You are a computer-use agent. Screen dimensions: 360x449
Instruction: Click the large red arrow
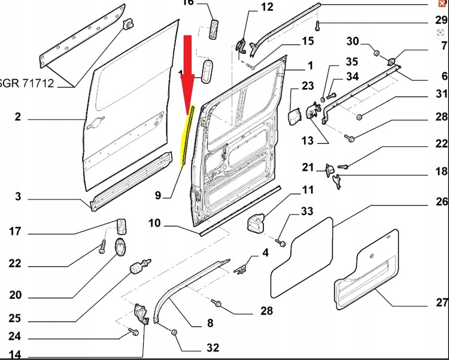coord(187,72)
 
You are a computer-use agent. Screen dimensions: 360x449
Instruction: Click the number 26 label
coord(442,202)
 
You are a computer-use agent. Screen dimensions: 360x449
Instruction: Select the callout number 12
coord(266,7)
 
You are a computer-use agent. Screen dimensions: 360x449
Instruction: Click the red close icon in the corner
coord(442,4)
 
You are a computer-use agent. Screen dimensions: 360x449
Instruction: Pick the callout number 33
coord(307,211)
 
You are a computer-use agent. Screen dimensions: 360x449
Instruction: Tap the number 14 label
coord(16,355)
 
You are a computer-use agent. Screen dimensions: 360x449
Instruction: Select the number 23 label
coord(308,86)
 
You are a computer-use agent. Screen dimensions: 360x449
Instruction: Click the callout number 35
coord(351,62)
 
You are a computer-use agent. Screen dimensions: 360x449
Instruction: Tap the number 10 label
coord(154,223)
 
